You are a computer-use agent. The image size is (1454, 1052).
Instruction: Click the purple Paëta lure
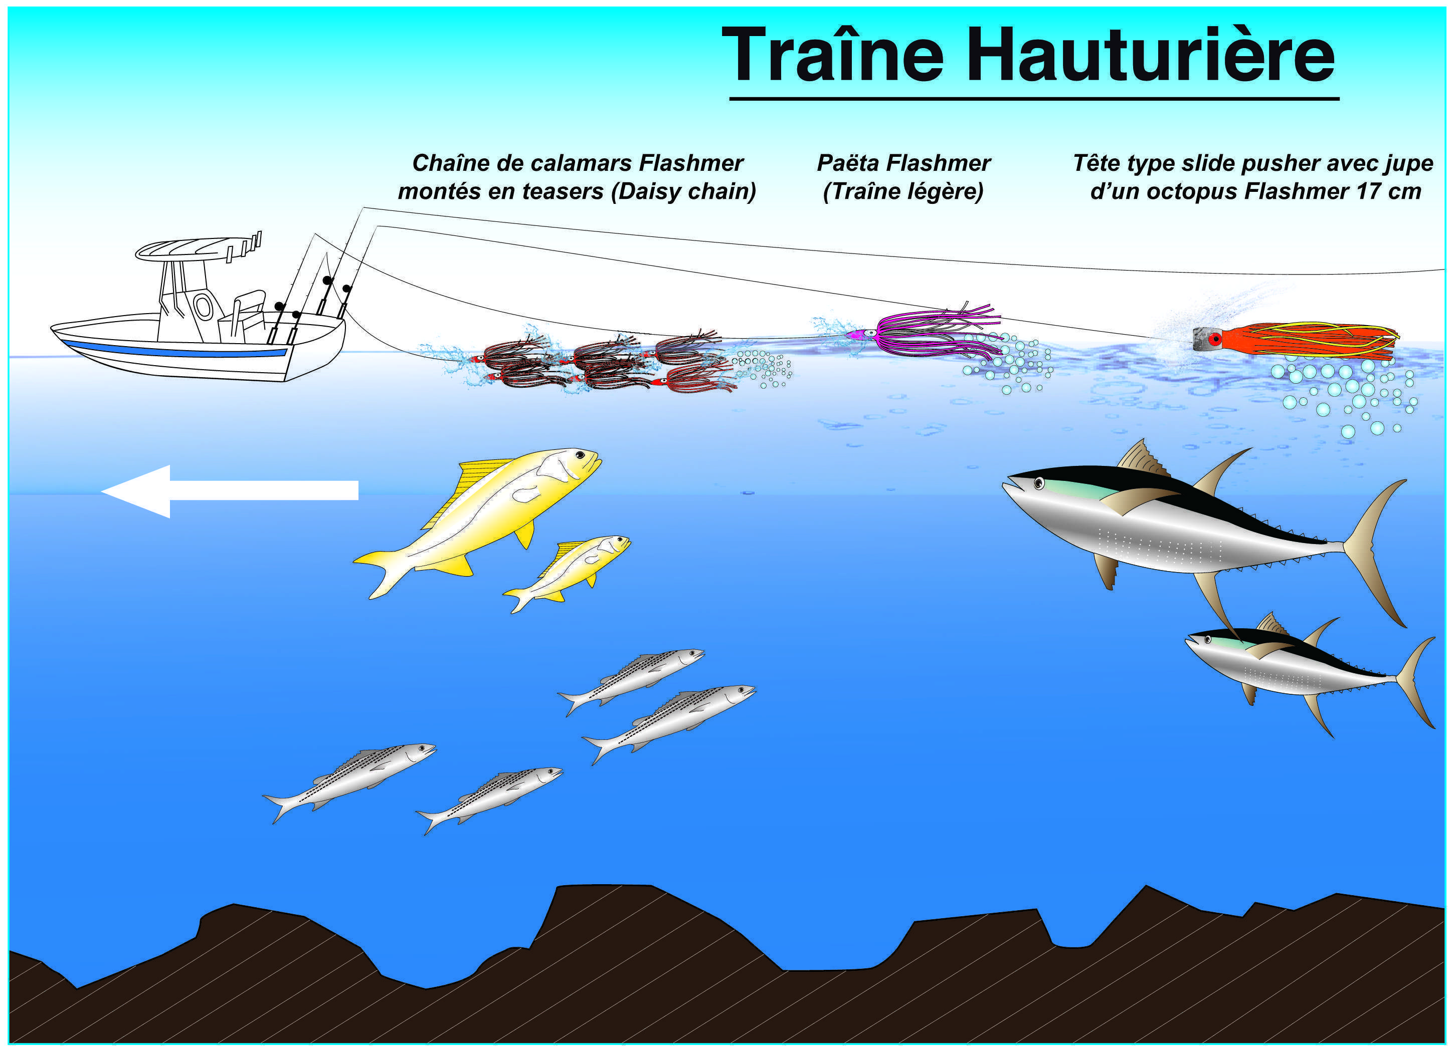click(x=930, y=333)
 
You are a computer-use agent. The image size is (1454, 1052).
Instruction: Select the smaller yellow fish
click(x=571, y=570)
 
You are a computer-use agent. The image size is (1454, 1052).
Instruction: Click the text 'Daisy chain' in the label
click(x=683, y=191)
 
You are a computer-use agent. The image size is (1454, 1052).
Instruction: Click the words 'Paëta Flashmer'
click(x=903, y=163)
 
